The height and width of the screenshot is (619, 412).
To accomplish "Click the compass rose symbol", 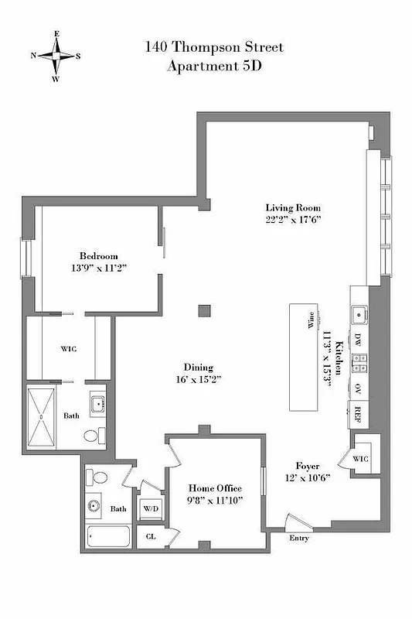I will pos(56,56).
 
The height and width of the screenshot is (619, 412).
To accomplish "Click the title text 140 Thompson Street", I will pos(214,48).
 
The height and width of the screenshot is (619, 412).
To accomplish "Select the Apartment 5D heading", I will pos(214,66).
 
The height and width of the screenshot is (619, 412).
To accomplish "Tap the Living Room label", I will pos(293,208).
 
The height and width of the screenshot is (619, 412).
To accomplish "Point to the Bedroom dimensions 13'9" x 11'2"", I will pos(98,268).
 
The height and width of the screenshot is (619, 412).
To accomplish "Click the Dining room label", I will pos(198,368).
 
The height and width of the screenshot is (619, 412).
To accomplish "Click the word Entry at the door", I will pos(299,537).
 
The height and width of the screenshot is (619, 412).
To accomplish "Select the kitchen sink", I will pos(359,314).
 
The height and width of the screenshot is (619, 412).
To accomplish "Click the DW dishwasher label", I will pos(359,338).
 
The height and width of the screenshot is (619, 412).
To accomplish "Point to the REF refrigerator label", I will pos(359,412).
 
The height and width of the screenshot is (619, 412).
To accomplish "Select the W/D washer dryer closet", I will pos(149,508).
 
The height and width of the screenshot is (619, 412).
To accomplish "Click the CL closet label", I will pos(150,535).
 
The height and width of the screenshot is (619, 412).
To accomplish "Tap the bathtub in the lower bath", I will pos(108,536).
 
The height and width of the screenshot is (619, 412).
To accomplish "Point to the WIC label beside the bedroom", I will pos(68,349).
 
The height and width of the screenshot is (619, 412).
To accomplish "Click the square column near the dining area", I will pos(203,310).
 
